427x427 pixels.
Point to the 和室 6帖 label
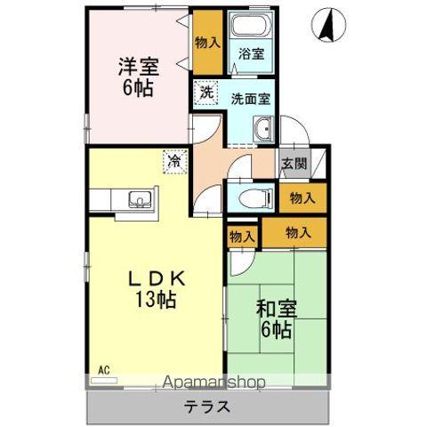pos(277,318)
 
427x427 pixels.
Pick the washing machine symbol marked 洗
pos(206,92)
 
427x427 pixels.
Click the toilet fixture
pos(252,197)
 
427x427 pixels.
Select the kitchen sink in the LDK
pos(138,198)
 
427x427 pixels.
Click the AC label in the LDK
pos(103,368)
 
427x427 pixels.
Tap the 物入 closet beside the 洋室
pos(207,42)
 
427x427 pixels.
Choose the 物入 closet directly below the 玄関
pos(302,197)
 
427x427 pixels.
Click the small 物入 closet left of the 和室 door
pos(241,236)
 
